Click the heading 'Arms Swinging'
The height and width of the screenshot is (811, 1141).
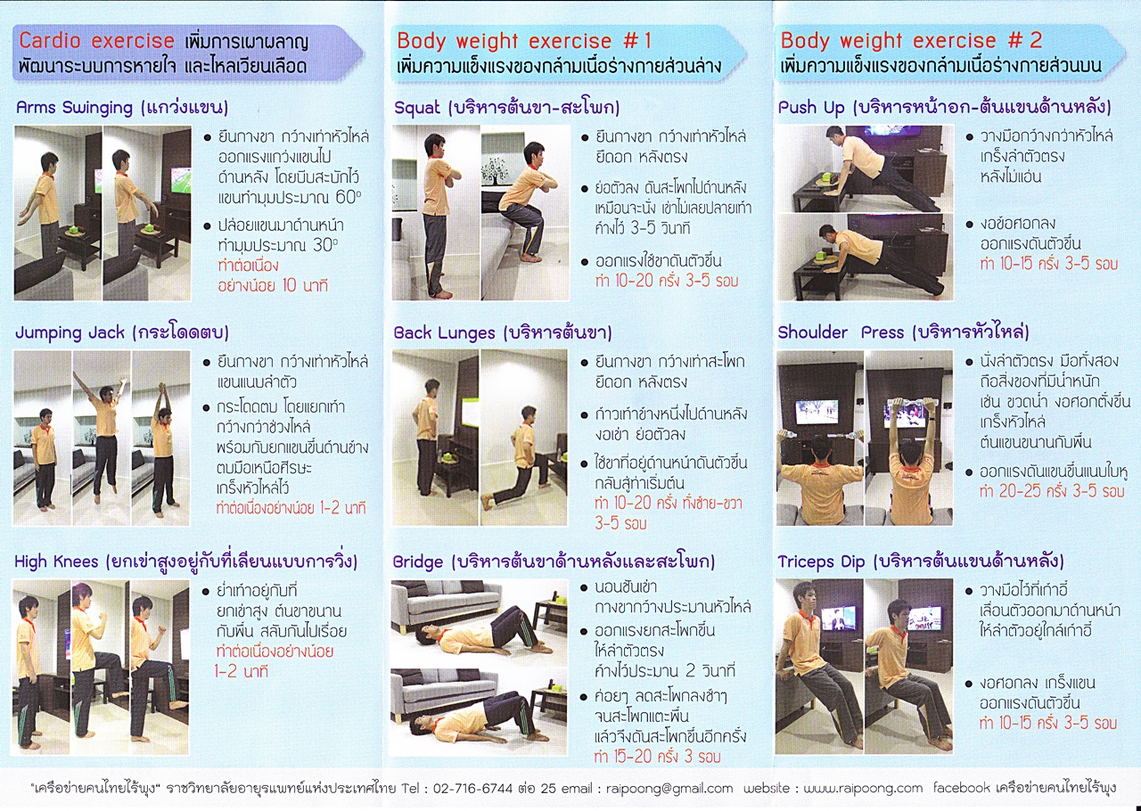(74, 108)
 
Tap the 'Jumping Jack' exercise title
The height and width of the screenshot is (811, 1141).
(70, 332)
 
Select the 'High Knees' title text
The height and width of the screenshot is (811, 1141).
(56, 561)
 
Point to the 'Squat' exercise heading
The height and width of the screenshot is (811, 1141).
(416, 108)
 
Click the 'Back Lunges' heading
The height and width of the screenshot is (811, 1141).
(444, 333)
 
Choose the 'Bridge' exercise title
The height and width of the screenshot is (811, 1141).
(418, 561)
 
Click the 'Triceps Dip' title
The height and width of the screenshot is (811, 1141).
(821, 561)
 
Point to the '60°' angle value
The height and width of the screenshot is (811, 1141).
(349, 198)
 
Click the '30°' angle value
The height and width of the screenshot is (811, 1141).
(325, 245)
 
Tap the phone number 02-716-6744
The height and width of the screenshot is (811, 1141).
(472, 788)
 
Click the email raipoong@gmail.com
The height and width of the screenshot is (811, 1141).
(669, 789)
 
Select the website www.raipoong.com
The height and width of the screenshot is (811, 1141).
(863, 788)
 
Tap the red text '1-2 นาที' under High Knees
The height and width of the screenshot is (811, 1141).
(241, 671)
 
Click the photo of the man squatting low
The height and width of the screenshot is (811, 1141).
(525, 212)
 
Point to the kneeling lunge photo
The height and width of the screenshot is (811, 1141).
(523, 438)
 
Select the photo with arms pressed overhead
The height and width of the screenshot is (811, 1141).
(908, 438)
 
